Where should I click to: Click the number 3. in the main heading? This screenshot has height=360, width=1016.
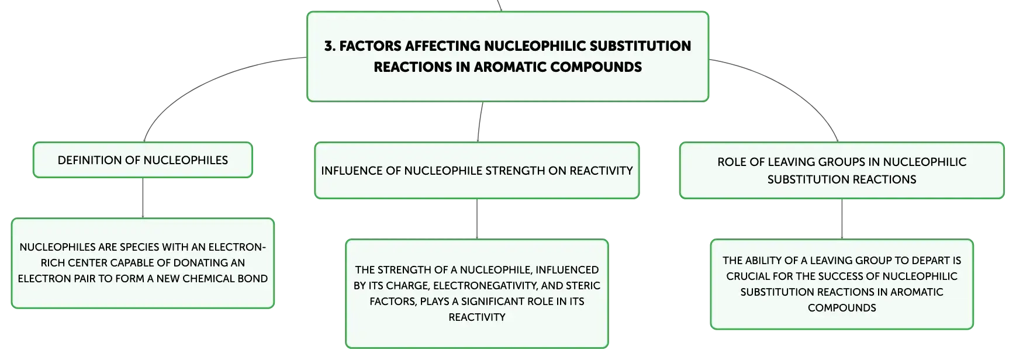(330, 46)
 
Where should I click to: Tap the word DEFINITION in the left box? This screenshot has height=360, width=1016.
(89, 160)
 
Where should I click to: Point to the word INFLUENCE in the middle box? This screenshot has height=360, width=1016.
(351, 171)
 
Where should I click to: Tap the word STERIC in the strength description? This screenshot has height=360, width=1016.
(582, 286)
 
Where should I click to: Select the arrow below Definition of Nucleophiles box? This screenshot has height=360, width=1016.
(143, 198)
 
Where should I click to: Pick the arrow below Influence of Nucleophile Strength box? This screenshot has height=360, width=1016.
(477, 219)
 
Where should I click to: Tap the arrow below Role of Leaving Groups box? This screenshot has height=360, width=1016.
(842, 219)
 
